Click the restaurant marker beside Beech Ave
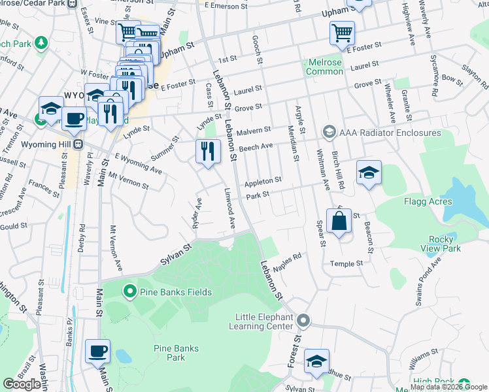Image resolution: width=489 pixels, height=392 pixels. click(208, 152)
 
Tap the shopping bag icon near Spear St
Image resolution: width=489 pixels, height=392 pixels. click(339, 222)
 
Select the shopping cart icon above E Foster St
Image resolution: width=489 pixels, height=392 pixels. click(342, 33)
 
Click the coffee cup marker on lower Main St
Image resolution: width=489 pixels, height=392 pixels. click(98, 351)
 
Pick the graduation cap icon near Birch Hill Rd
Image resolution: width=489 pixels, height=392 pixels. click(369, 174)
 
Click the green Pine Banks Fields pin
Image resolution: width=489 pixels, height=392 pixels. click(129, 291)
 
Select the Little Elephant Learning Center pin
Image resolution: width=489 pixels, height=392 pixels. click(303, 321)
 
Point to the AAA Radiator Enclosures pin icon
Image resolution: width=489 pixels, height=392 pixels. click(329, 133)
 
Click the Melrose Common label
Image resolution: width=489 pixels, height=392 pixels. click(325, 67)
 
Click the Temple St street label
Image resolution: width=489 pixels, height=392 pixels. click(346, 263)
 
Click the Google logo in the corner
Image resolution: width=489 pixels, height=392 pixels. click(22, 384)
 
